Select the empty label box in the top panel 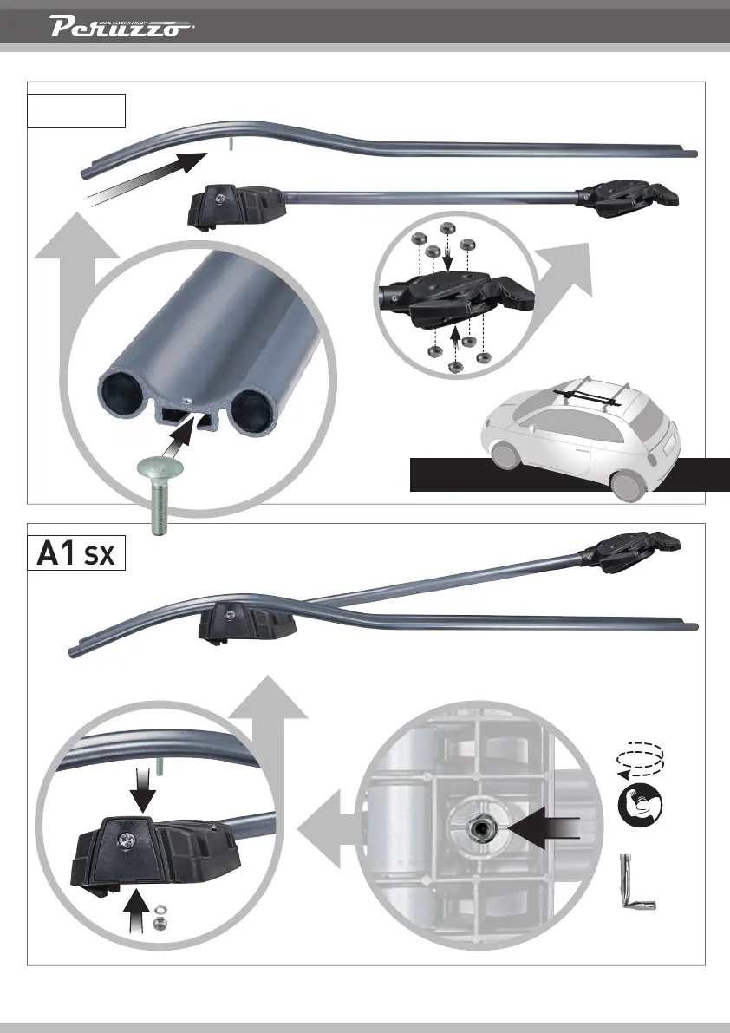(x=77, y=110)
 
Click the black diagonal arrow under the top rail (x=147, y=178)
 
